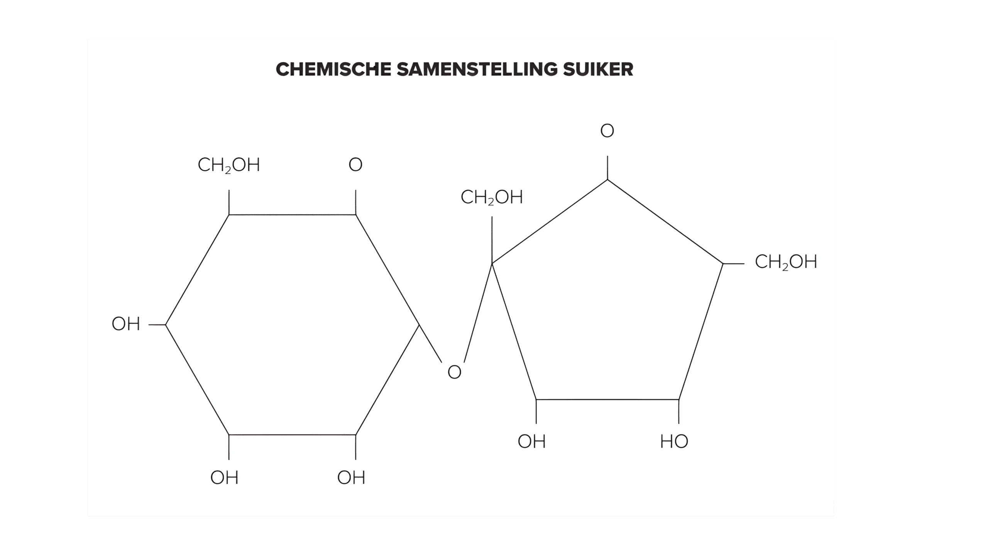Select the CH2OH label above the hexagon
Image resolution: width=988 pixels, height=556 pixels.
[x=229, y=165]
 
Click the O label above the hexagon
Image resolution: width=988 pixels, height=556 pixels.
[x=355, y=165]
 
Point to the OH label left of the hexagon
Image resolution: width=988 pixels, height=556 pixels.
[x=126, y=324]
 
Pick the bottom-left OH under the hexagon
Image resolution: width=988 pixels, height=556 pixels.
[x=224, y=478]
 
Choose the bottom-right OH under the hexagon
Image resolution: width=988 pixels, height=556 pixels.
[x=351, y=478]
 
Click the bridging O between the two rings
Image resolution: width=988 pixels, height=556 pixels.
[x=454, y=373]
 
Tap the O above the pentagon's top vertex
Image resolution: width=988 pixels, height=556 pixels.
[x=607, y=131]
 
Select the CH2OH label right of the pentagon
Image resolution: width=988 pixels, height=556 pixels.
[x=786, y=263]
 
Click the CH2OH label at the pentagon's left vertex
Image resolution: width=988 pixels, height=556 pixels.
[x=492, y=198]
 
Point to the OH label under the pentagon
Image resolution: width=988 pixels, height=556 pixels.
[x=532, y=442]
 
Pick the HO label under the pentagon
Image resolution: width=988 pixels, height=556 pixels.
[x=674, y=442]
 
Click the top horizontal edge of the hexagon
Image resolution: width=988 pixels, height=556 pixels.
[x=292, y=214]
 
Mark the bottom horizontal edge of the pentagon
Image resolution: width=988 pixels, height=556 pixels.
[x=607, y=400]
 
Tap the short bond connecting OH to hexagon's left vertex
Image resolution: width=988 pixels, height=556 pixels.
[x=157, y=325]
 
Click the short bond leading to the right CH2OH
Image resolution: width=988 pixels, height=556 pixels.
[x=733, y=264]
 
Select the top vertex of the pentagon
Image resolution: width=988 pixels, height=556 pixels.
[x=607, y=180]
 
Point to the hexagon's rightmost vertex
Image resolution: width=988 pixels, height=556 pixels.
[x=419, y=325]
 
